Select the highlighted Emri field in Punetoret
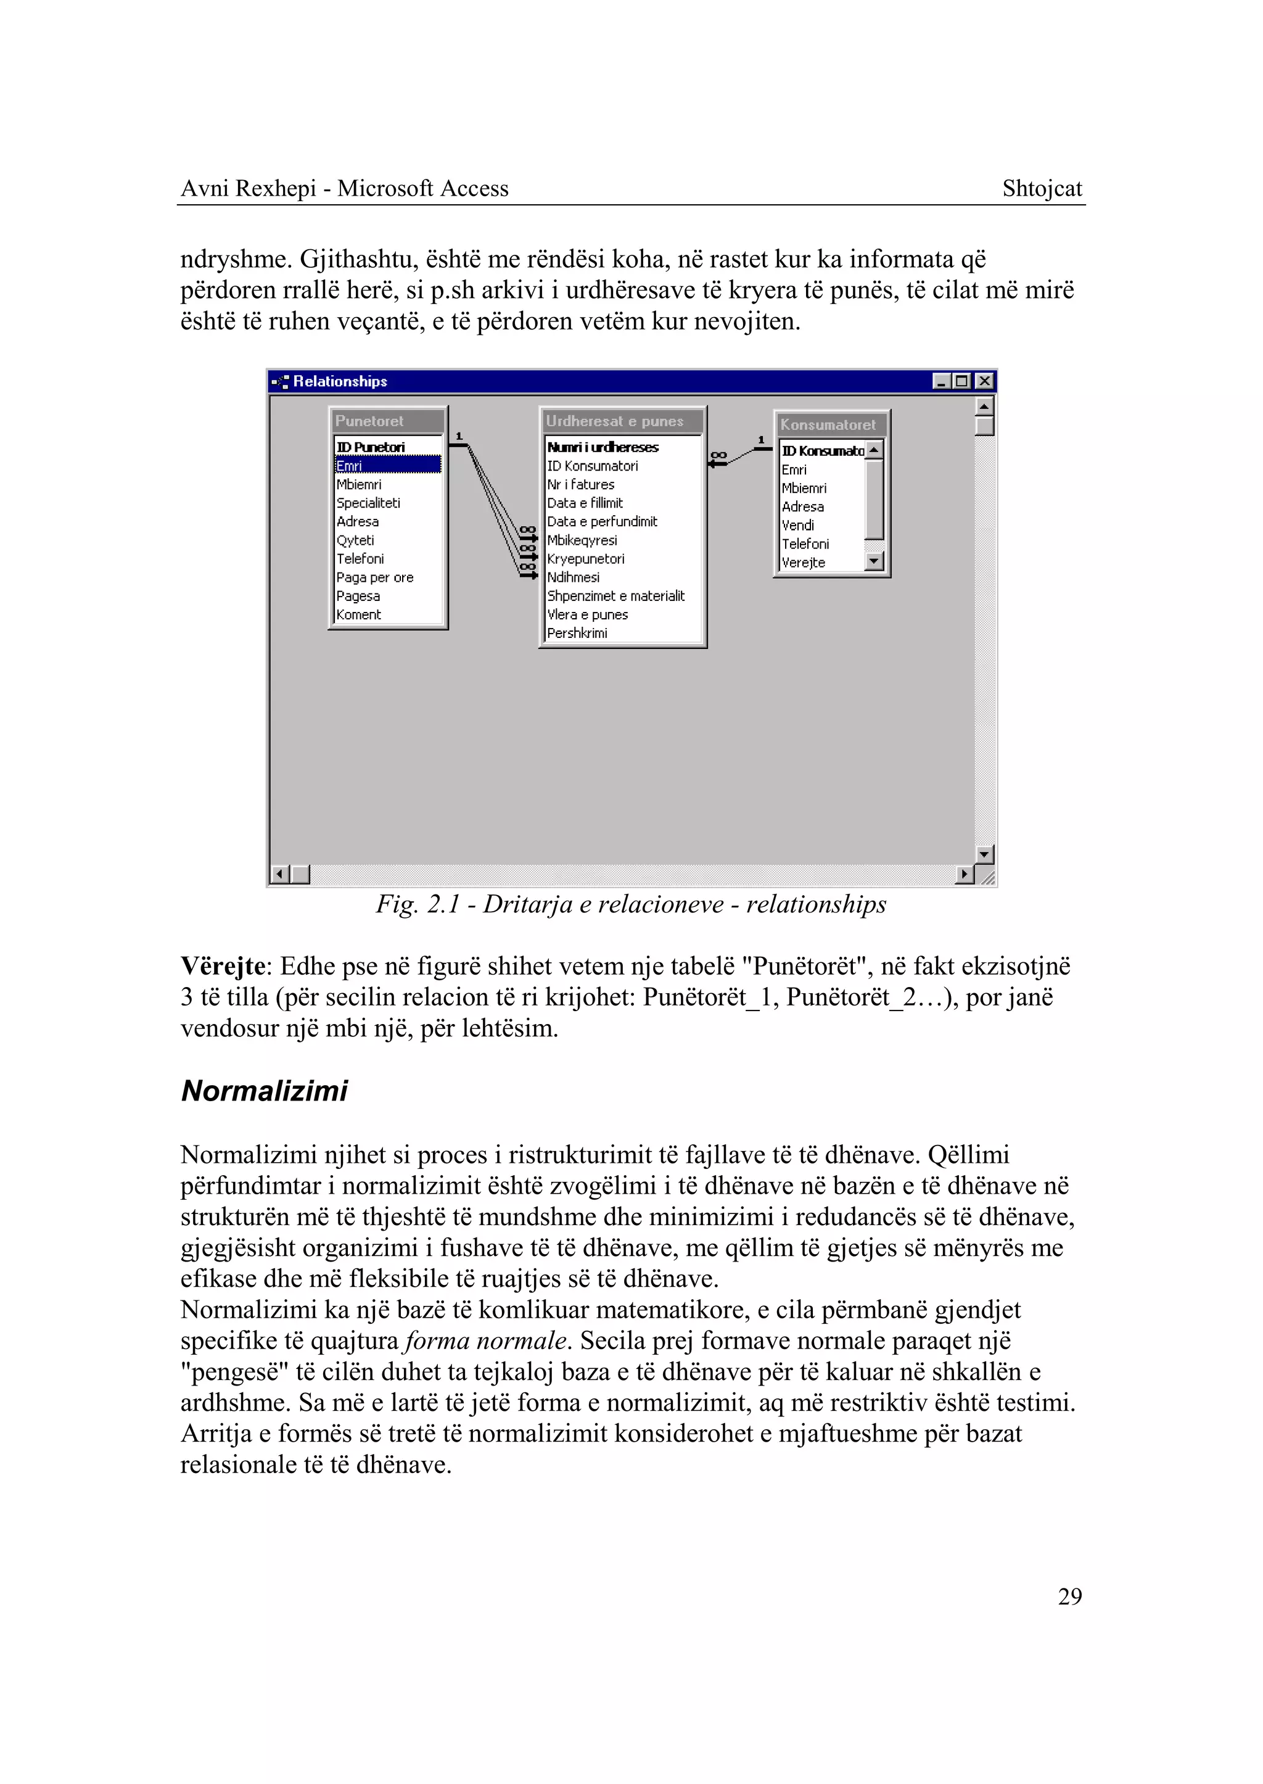pyautogui.click(x=387, y=465)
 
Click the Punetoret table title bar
pyautogui.click(x=387, y=421)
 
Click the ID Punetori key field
pyautogui.click(x=371, y=447)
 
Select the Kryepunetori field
pyautogui.click(x=586, y=559)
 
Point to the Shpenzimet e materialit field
pyautogui.click(x=615, y=596)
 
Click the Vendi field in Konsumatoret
pyautogui.click(x=798, y=525)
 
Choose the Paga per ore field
pyautogui.click(x=375, y=577)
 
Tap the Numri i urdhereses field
pyautogui.click(x=603, y=447)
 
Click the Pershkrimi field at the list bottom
pyautogui.click(x=577, y=634)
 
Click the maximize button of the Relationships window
pyautogui.click(x=963, y=381)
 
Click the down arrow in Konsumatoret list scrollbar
pyautogui.click(x=874, y=560)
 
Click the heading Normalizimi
pyautogui.click(x=265, y=1091)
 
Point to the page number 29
pyautogui.click(x=1069, y=1596)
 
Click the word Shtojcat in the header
pyautogui.click(x=1042, y=188)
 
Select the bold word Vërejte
pyautogui.click(x=223, y=966)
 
